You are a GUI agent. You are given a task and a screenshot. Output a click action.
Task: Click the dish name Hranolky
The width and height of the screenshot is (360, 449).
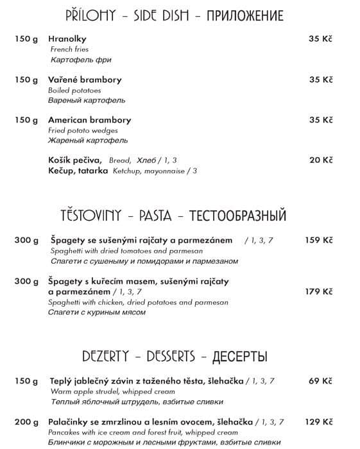pyautogui.click(x=67, y=39)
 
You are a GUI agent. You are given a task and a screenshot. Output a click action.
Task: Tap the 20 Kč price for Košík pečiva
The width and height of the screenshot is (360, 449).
pyautogui.click(x=321, y=160)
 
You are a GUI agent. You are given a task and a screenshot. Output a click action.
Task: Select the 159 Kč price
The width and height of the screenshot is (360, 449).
pyautogui.click(x=319, y=241)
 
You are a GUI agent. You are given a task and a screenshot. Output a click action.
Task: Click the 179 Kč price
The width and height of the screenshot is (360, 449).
pyautogui.click(x=319, y=291)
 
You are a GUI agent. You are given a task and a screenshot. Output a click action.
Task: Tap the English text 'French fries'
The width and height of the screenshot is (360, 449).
pyautogui.click(x=69, y=49)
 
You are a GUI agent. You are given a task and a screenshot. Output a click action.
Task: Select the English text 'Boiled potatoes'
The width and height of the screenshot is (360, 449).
pyautogui.click(x=74, y=90)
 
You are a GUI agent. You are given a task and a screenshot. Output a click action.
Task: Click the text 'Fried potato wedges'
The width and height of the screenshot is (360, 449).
pyautogui.click(x=83, y=130)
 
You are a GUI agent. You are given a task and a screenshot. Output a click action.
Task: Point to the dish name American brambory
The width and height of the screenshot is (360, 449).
pyautogui.click(x=89, y=120)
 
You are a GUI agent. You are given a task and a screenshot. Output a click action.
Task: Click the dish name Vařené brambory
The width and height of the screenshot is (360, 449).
pyautogui.click(x=85, y=80)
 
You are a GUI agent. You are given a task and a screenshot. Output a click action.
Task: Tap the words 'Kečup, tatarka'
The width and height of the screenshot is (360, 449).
pyautogui.click(x=78, y=171)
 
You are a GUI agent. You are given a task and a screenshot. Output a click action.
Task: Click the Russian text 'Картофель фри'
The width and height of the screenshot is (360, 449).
pyautogui.click(x=80, y=60)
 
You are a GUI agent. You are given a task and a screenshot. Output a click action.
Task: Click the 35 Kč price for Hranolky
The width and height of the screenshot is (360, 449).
pyautogui.click(x=321, y=39)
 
